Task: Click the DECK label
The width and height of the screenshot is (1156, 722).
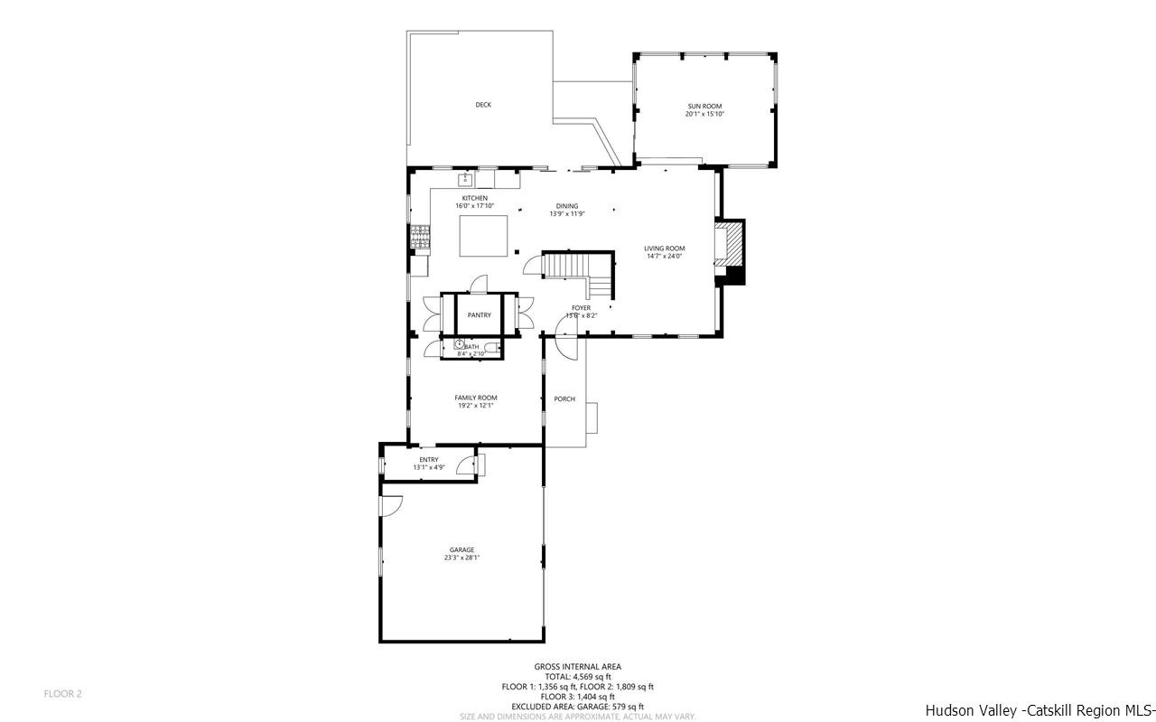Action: coord(483,105)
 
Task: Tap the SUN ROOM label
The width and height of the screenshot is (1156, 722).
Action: coord(704,107)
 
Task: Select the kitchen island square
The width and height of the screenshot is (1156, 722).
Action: coord(484,237)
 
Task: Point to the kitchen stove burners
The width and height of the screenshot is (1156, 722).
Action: coord(420,237)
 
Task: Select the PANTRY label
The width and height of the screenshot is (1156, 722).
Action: coord(480,315)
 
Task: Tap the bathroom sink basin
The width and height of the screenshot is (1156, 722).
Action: coord(460,344)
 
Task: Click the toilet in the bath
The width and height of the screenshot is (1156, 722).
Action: coord(491,347)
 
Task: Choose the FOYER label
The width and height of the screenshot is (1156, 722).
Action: coord(581,308)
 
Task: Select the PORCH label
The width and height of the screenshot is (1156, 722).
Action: coord(564,399)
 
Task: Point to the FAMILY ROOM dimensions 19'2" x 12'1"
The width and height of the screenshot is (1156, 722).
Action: coord(475,406)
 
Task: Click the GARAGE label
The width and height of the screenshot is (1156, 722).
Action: coord(461,550)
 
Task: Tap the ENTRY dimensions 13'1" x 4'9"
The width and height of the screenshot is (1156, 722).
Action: coord(429,467)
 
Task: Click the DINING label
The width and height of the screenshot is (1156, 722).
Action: coord(567,206)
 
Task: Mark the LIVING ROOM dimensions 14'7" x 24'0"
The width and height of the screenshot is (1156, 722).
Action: coord(664,256)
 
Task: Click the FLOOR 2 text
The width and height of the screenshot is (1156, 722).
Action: coord(63,694)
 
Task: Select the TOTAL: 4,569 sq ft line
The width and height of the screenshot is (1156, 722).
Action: coord(577,677)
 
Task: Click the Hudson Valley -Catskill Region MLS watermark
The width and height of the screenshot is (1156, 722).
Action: coord(1039,710)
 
